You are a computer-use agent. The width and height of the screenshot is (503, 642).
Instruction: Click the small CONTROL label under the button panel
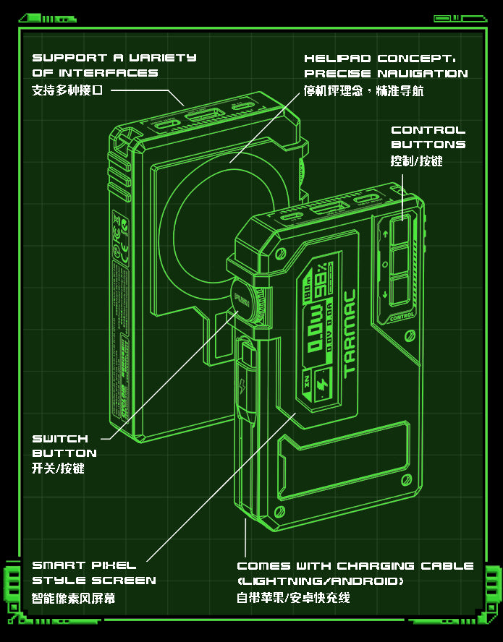click(402, 316)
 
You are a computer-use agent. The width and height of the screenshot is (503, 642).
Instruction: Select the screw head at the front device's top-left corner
click(279, 254)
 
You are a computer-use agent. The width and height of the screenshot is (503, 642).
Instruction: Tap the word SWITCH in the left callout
click(60, 439)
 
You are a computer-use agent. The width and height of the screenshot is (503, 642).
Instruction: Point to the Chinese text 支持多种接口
click(68, 90)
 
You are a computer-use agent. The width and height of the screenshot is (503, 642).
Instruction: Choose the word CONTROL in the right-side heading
click(428, 130)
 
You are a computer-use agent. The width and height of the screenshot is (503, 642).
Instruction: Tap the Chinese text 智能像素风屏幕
click(73, 599)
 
